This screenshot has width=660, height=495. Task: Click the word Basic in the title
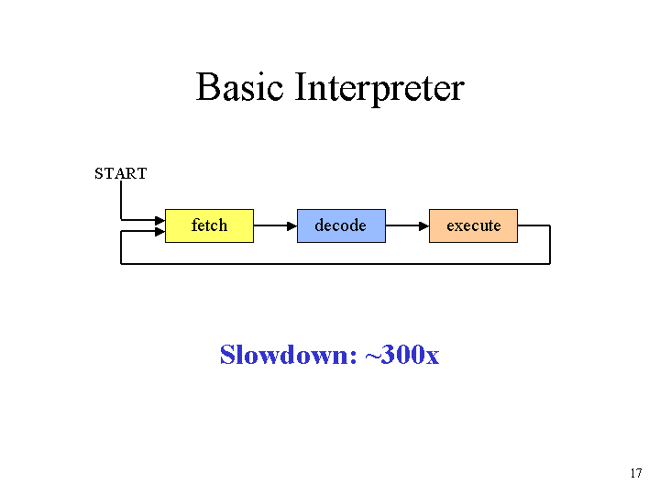(239, 87)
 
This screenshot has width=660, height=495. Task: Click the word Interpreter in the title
(379, 89)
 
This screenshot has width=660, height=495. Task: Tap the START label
(121, 173)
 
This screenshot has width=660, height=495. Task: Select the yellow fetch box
(209, 225)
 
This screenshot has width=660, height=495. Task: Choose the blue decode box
(341, 225)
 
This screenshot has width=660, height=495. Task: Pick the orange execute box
(474, 225)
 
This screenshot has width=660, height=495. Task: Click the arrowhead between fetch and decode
(291, 226)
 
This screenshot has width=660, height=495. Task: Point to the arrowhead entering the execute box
(423, 226)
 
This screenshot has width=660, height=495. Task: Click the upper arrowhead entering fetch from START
(159, 220)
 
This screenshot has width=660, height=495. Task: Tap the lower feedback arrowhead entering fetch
(159, 232)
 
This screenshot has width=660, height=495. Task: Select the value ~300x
(402, 355)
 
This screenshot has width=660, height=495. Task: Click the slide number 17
(636, 473)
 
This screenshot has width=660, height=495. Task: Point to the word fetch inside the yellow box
(209, 225)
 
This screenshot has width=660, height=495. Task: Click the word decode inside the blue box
(340, 225)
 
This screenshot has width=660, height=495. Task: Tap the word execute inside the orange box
(474, 226)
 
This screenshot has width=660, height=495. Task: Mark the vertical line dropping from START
(121, 201)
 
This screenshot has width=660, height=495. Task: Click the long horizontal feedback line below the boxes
(335, 264)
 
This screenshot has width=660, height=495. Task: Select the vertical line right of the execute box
(550, 245)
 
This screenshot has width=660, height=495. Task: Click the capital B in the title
(208, 87)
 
